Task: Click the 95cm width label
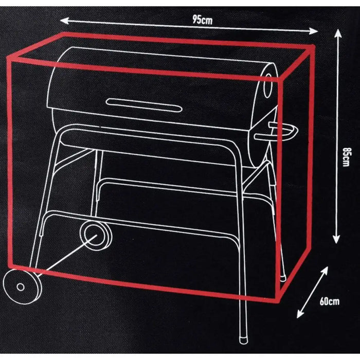coord(202,20)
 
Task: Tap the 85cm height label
coord(346,157)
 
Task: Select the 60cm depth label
coord(330,301)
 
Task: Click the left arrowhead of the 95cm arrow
coord(64,21)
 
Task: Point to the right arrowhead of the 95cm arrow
coord(314,31)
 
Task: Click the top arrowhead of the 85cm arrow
coord(338,33)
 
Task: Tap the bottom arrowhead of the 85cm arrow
coord(336,240)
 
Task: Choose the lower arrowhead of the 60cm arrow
coord(300,314)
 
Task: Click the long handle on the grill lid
coord(144,105)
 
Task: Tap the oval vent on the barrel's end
coord(267,86)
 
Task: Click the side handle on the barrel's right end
coord(276,132)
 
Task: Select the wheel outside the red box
coord(21,287)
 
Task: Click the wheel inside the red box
coord(96,236)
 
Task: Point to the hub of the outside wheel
coord(21,287)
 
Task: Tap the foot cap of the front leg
coord(244,340)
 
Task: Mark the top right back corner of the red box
coord(314,47)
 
